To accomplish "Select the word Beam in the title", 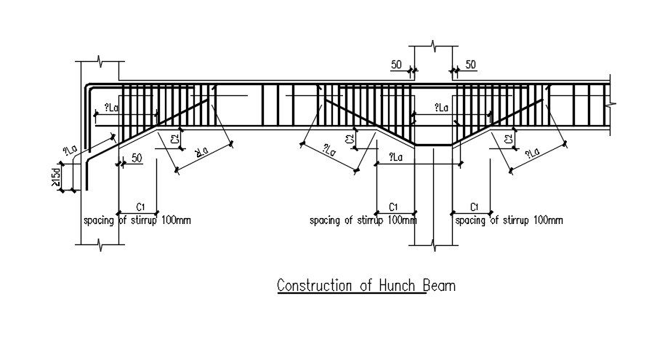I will (440, 286).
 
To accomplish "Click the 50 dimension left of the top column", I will (397, 65).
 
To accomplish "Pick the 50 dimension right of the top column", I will (470, 65).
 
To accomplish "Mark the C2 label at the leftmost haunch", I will (175, 139).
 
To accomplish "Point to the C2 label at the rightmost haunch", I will (509, 139).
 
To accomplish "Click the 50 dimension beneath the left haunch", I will (137, 157).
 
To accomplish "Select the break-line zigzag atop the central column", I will (433, 47).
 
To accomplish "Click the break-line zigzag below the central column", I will (433, 248).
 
